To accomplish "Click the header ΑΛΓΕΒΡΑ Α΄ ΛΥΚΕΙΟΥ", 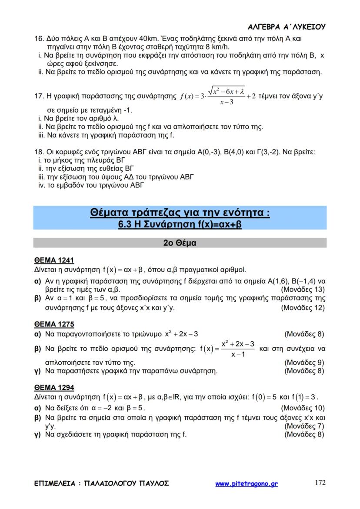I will click(288, 27).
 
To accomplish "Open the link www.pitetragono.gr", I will click(247, 483).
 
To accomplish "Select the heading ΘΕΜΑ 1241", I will click(54, 260).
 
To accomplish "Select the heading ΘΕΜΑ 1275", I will click(54, 324).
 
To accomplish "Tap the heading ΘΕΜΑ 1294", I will click(54, 387).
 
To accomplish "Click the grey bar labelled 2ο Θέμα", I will click(180, 243).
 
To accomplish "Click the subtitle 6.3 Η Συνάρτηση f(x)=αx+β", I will click(180, 225).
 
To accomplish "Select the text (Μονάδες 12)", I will click(303, 308).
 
